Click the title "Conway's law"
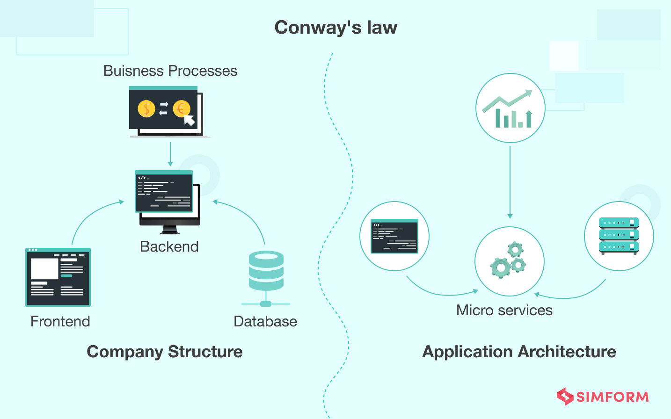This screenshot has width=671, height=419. [x=335, y=28]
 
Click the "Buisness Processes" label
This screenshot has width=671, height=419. [x=170, y=71]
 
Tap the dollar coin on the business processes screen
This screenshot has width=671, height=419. [x=146, y=109]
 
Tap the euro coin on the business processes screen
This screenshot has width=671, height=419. [x=181, y=109]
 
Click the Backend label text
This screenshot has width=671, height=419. [x=169, y=246]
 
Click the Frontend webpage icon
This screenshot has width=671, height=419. [x=58, y=277]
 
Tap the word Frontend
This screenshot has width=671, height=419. [x=60, y=321]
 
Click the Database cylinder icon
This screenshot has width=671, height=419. [x=266, y=271]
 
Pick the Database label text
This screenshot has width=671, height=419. [x=265, y=321]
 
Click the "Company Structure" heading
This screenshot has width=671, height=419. [x=165, y=352]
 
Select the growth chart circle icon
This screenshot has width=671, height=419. [x=510, y=108]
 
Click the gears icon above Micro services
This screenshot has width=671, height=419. [x=509, y=260]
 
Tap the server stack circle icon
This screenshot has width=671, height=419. [x=619, y=236]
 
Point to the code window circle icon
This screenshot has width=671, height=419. [x=394, y=236]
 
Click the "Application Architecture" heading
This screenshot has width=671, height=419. [x=519, y=352]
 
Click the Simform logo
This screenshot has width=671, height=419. [x=603, y=397]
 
